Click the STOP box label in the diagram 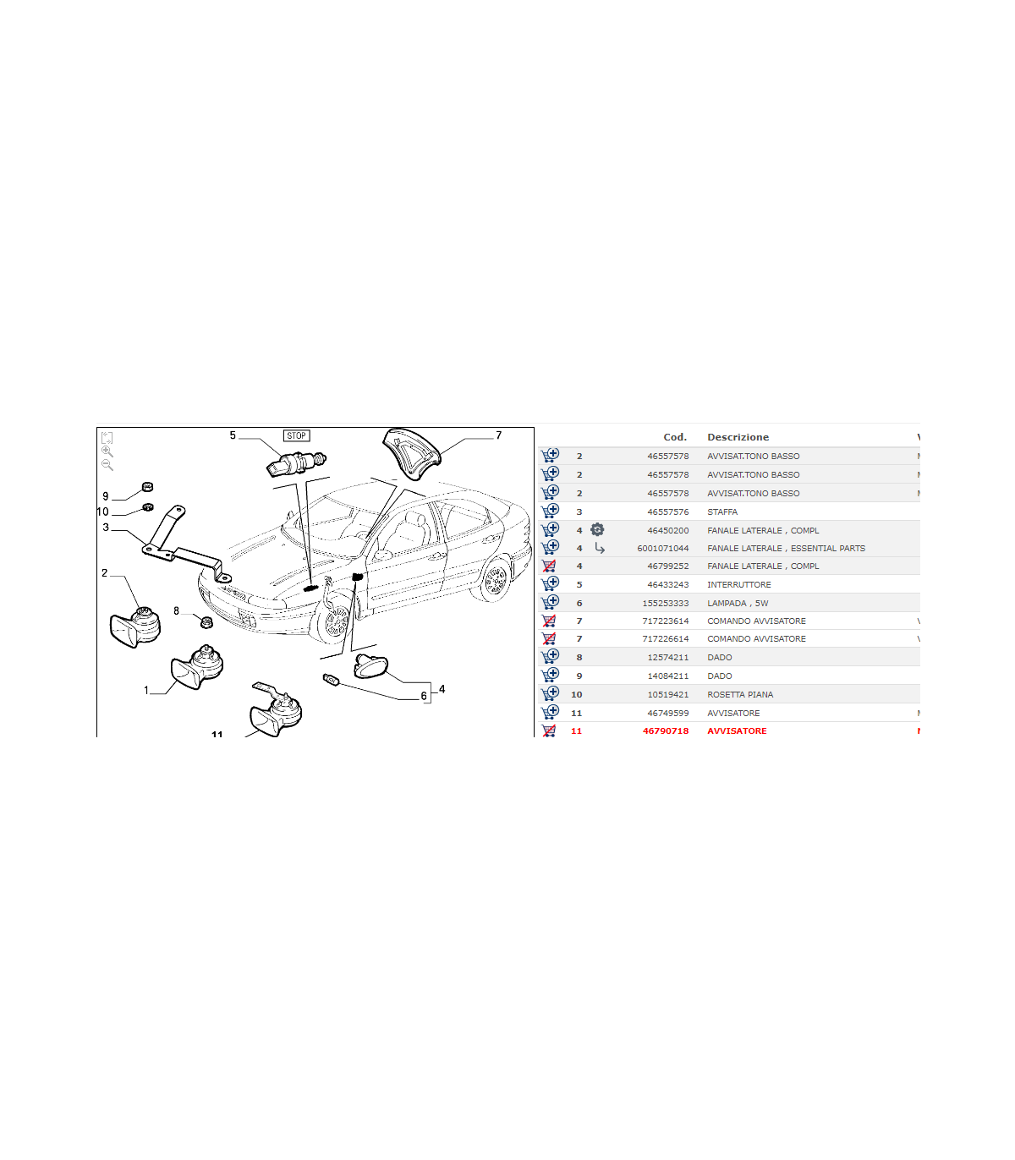pyautogui.click(x=297, y=435)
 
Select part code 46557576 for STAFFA pyautogui.click(x=668, y=512)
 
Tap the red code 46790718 pyautogui.click(x=666, y=730)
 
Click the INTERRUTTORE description pyautogui.click(x=739, y=584)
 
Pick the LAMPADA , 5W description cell pyautogui.click(x=738, y=603)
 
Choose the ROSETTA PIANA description pyautogui.click(x=740, y=694)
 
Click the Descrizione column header pyautogui.click(x=738, y=437)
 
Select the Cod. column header pyautogui.click(x=675, y=437)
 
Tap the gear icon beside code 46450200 pyautogui.click(x=597, y=529)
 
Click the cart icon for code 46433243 pyautogui.click(x=550, y=583)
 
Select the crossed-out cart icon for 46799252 pyautogui.click(x=549, y=566)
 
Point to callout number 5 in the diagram pyautogui.click(x=233, y=435)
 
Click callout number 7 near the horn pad pyautogui.click(x=498, y=435)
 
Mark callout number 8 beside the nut pyautogui.click(x=176, y=610)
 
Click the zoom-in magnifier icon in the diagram pyautogui.click(x=107, y=451)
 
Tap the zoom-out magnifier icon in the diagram pyautogui.click(x=107, y=465)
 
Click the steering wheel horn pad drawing pyautogui.click(x=411, y=453)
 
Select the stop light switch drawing pyautogui.click(x=296, y=462)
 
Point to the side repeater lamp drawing pyautogui.click(x=370, y=665)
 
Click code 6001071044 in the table pyautogui.click(x=663, y=548)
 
